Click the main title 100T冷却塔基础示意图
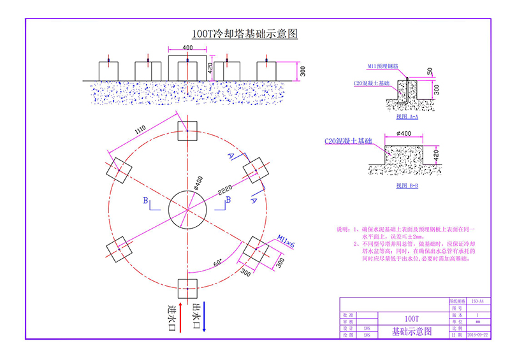tap(245, 34)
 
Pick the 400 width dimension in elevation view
tap(187, 48)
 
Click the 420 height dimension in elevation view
tap(210, 67)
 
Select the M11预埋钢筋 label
tap(383, 66)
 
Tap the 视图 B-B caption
tap(406, 185)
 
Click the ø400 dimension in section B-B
tap(404, 133)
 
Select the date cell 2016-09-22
tap(477, 333)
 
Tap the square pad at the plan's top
tap(187, 134)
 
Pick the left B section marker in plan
tap(147, 201)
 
